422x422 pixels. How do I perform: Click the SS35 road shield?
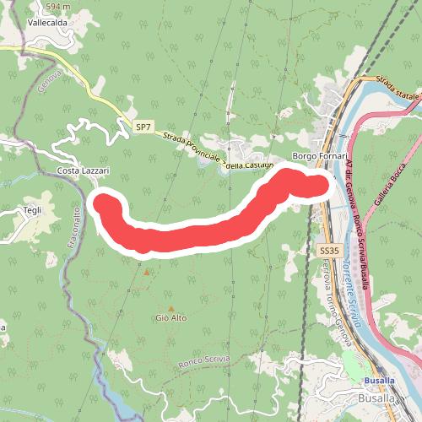[x=328, y=251]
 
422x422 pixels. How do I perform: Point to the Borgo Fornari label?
[x=320, y=157]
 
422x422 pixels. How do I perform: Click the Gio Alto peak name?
[x=170, y=317]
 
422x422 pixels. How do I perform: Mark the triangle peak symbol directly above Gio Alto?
[x=171, y=308]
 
